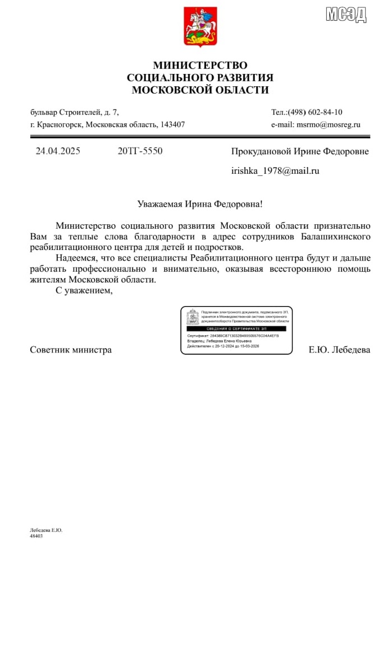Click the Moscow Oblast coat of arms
(200, 26)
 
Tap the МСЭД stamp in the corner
(346, 14)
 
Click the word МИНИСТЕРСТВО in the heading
(200, 66)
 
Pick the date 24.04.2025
(58, 151)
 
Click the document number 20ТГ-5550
(140, 151)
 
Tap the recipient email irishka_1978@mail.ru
(275, 171)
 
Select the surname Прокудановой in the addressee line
(262, 151)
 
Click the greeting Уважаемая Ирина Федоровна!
(200, 205)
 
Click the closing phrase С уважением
(84, 290)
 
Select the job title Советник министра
(71, 350)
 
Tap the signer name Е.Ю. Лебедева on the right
(339, 350)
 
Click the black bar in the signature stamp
(236, 328)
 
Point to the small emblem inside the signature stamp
(192, 317)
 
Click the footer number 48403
(37, 536)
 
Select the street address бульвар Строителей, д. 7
(75, 112)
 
